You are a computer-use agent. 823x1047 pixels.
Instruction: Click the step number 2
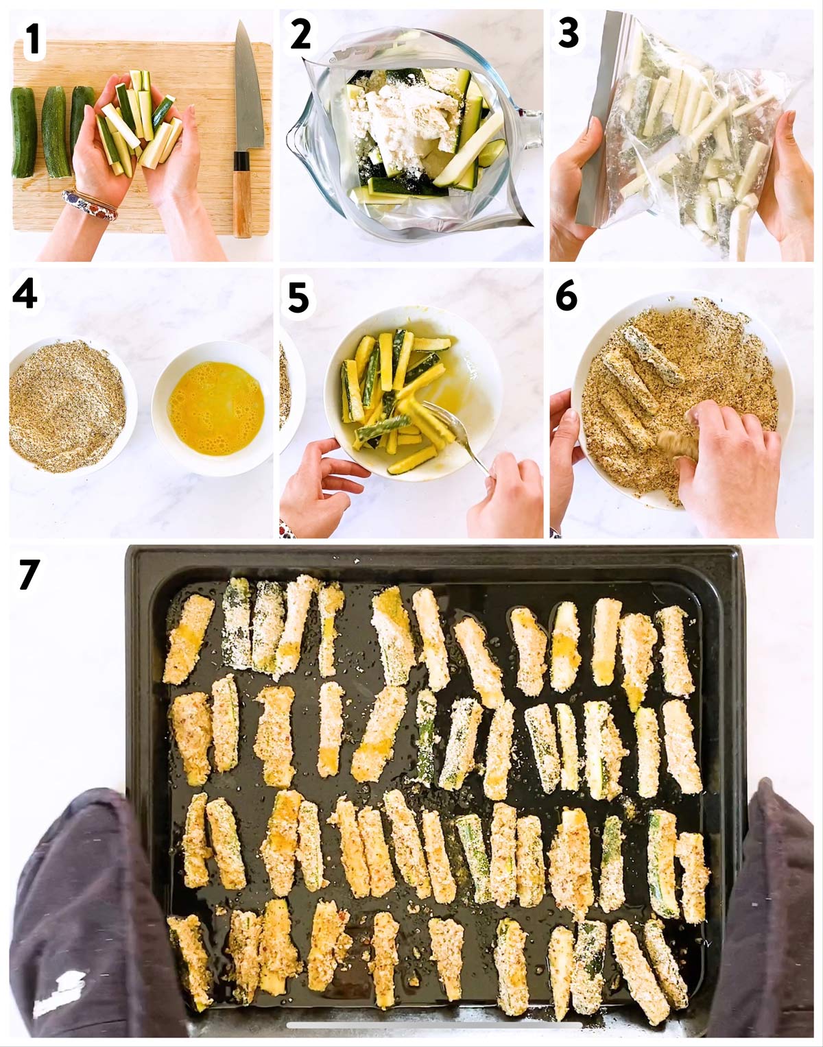click(x=300, y=35)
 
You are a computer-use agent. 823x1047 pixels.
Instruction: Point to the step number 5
click(x=298, y=297)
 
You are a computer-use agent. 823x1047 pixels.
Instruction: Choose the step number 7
click(x=29, y=574)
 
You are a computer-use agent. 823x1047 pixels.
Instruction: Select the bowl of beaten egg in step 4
click(x=213, y=407)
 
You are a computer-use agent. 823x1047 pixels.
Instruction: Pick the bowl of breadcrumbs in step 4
click(x=67, y=405)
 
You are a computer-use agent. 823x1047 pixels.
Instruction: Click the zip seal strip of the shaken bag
click(x=595, y=119)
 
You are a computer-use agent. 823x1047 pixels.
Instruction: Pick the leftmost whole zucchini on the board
click(x=23, y=132)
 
